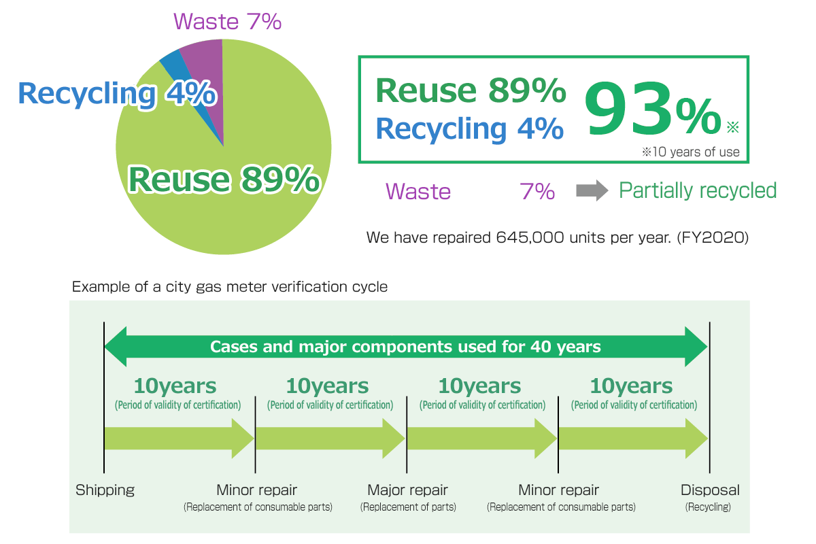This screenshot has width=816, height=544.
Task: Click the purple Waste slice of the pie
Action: click(207, 73)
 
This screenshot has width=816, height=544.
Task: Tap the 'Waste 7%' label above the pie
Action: click(227, 22)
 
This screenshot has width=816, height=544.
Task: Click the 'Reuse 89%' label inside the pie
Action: click(224, 179)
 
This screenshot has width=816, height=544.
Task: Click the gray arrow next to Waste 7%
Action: click(592, 190)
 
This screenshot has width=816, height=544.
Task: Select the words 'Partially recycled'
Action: click(698, 190)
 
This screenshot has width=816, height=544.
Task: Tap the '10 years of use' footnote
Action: click(691, 152)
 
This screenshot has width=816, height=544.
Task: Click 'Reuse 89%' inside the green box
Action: click(471, 90)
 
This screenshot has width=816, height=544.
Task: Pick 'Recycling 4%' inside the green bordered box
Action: click(470, 129)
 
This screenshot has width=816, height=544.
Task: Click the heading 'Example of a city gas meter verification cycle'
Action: click(230, 287)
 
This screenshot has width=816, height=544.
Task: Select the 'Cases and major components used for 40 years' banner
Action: click(405, 347)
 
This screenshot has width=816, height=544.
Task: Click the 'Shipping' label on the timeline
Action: click(105, 490)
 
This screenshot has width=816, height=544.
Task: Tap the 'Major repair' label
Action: click(407, 490)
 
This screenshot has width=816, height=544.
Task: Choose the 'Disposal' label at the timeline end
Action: click(710, 490)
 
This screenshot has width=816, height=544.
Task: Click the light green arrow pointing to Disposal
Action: click(633, 439)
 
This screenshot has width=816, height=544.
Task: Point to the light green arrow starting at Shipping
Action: click(179, 439)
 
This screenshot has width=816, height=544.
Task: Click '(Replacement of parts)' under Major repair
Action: click(408, 507)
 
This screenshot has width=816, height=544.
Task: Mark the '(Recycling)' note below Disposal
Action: click(708, 507)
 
